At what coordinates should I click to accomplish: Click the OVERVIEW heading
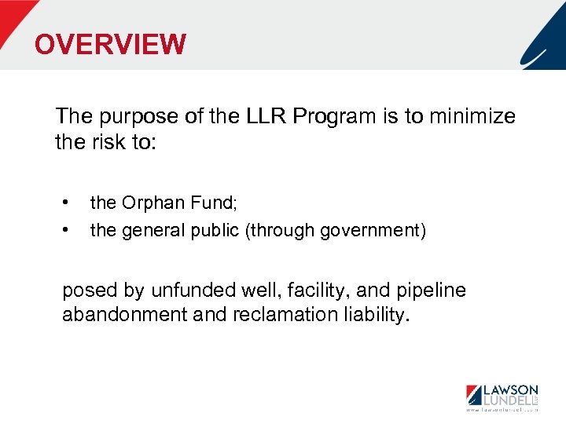tap(110, 44)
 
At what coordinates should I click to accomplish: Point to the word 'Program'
tap(329, 117)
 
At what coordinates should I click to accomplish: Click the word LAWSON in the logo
tap(511, 389)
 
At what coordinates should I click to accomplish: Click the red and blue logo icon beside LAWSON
tap(476, 395)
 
